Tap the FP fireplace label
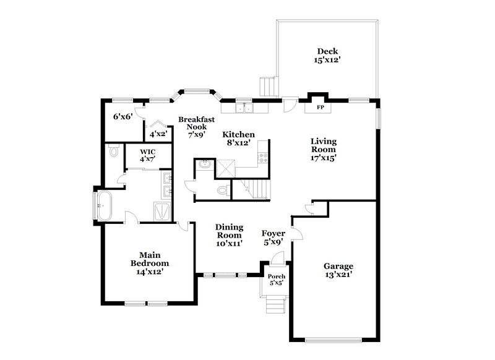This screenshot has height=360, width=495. tap(321, 107)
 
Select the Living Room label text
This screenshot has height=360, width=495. tap(323, 149)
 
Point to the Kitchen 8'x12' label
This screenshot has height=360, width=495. tap(238, 138)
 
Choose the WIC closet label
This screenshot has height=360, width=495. tap(147, 155)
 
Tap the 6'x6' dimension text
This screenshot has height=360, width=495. tap(120, 116)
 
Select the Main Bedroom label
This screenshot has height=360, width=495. tap(146, 262)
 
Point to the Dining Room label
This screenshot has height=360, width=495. tap(228, 235)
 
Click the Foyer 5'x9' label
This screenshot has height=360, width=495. tap(273, 238)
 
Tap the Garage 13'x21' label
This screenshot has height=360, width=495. tap(338, 270)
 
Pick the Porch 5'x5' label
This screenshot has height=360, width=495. tap(275, 279)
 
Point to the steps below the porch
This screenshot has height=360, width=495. tap(273, 304)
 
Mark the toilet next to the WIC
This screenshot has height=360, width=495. tap(113, 150)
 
